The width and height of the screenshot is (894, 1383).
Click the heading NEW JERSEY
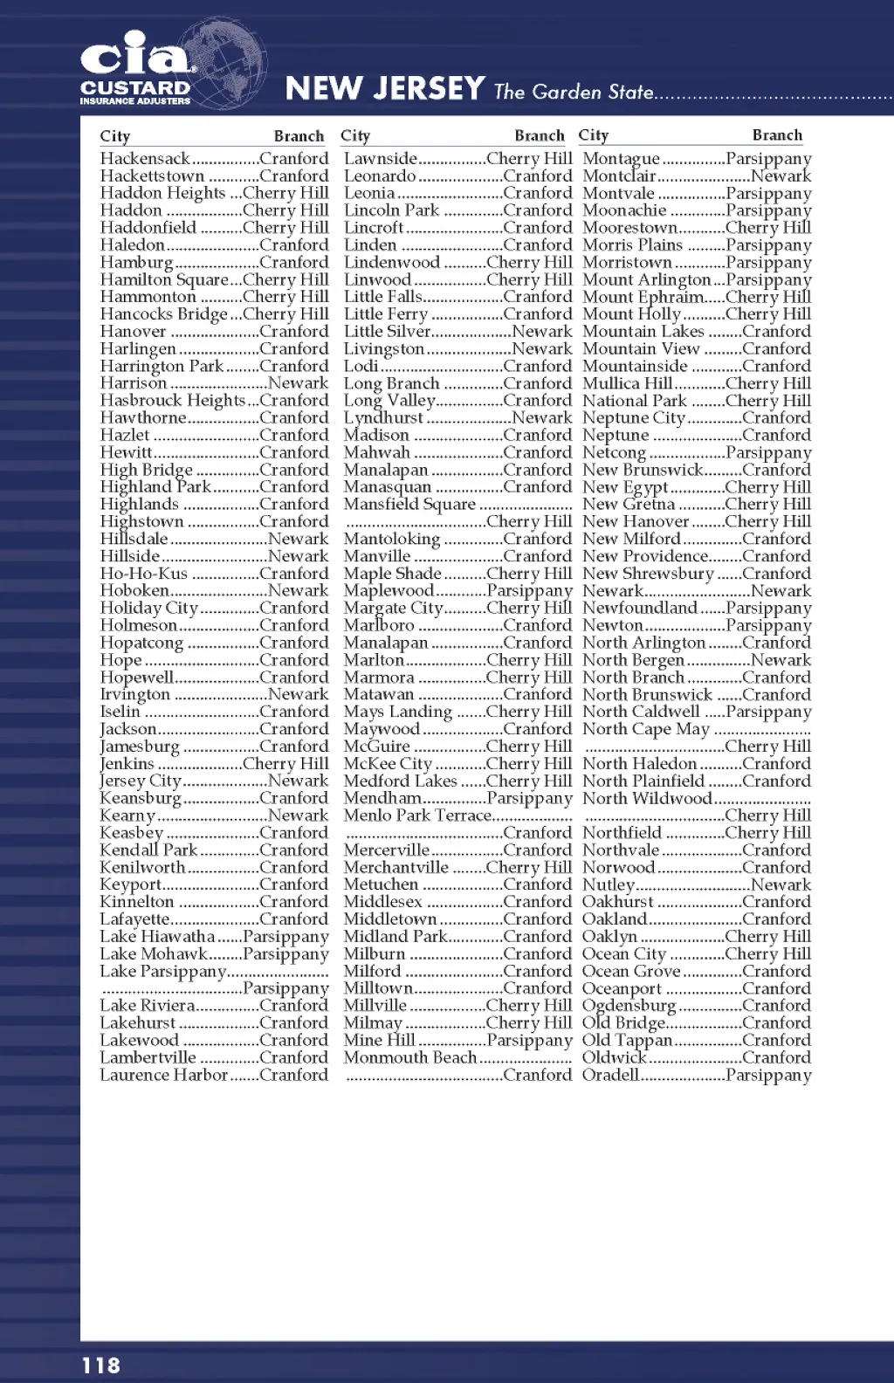point(385,88)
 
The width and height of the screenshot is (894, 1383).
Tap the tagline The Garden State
point(574,92)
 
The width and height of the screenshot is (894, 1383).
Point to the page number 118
point(101,1365)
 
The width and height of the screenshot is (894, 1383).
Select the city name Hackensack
point(145,159)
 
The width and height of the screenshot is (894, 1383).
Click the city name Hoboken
point(134,591)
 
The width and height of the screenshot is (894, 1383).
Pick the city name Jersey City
point(141,781)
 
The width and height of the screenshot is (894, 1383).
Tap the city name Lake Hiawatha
point(157,937)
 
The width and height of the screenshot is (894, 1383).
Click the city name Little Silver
point(387,332)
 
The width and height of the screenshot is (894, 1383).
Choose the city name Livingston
point(383,349)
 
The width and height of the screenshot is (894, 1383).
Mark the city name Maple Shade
point(392,574)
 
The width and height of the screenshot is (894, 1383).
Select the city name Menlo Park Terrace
point(417,815)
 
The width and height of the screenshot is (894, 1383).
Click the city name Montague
point(621,159)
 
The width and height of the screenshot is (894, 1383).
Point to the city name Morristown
point(627,263)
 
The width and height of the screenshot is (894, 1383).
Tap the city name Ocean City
point(624,954)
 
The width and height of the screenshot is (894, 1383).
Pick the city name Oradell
point(611,1075)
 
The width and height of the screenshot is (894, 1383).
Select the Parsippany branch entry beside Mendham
point(529,798)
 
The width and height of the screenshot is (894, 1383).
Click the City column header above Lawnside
point(355,136)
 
